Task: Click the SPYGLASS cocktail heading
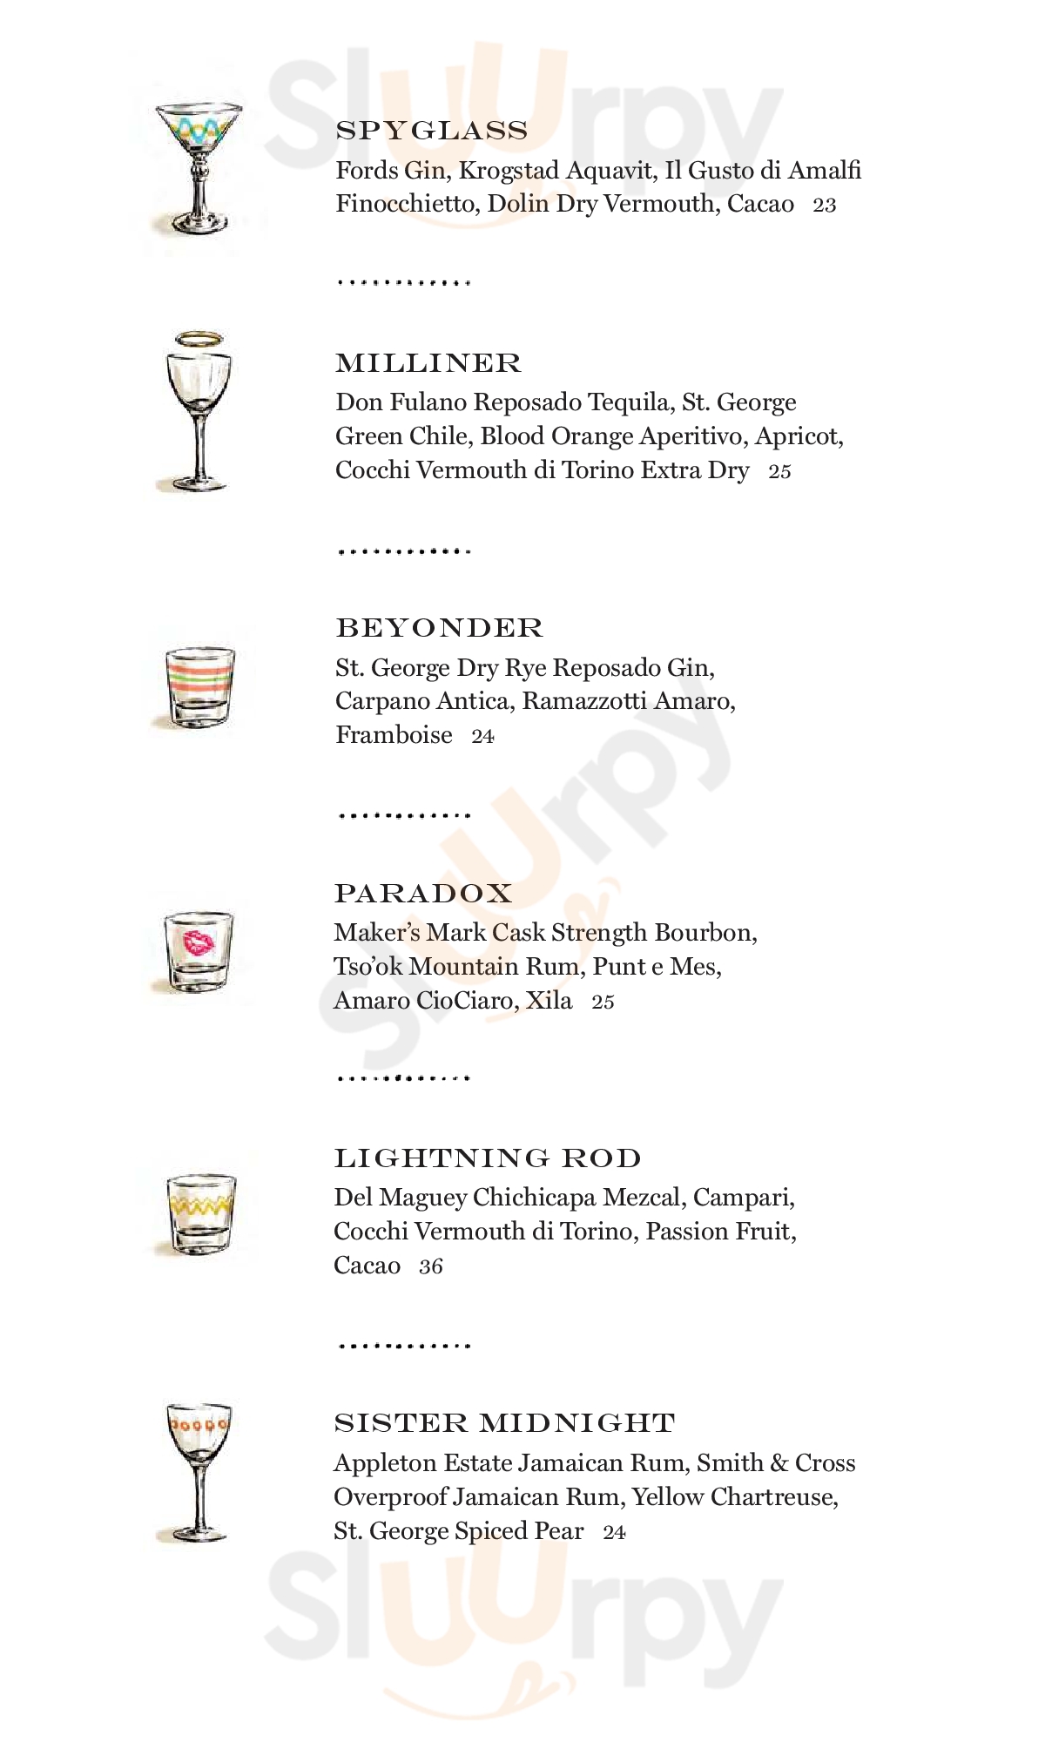[432, 131]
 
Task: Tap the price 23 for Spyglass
[824, 206]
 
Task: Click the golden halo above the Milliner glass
[199, 339]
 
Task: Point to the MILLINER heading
[428, 363]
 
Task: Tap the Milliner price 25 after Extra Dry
[779, 471]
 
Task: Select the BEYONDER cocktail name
[439, 628]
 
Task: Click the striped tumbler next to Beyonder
[199, 686]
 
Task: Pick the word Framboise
[394, 735]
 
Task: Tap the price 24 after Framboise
[482, 737]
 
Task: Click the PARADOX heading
[423, 894]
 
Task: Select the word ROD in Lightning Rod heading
[601, 1158]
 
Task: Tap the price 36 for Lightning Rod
[430, 1266]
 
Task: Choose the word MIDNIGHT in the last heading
[577, 1423]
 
